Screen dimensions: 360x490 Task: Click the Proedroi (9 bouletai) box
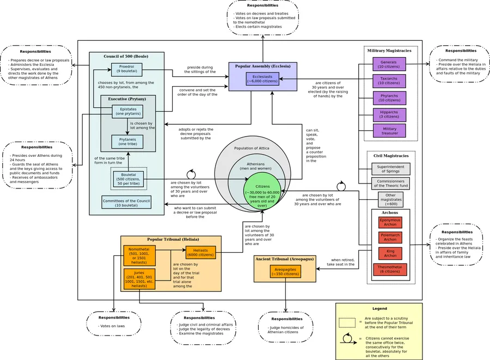tap(127, 69)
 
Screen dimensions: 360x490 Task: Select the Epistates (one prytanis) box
tap(128, 112)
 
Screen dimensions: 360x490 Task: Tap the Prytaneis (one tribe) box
tap(127, 142)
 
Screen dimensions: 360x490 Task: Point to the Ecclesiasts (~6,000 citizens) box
tap(262, 78)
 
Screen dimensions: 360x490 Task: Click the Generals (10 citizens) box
tap(389, 64)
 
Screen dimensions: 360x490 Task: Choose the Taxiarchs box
tap(389, 81)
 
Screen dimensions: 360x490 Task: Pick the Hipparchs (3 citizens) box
tap(389, 114)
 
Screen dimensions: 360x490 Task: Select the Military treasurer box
tap(389, 131)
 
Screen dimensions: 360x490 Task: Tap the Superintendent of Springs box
tap(391, 169)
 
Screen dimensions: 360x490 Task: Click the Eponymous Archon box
tap(390, 222)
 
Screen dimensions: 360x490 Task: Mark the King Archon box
tap(390, 253)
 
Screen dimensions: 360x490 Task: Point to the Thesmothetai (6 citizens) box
tap(390, 269)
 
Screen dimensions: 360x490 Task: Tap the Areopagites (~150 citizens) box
tap(286, 271)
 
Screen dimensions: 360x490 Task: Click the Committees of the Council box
tap(126, 203)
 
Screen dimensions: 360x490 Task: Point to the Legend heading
tap(379, 309)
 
